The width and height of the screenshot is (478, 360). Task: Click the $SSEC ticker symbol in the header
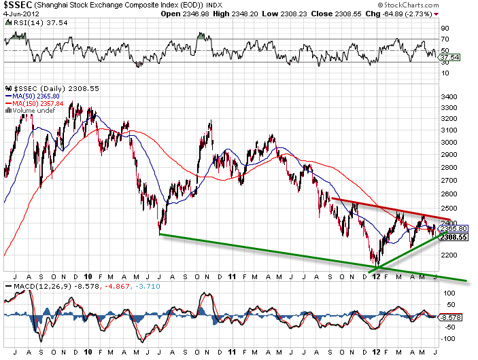coord(16,5)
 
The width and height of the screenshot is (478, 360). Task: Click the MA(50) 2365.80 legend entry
coord(38,96)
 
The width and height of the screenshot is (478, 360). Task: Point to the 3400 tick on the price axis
coord(449,97)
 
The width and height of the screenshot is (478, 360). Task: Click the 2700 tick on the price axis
coord(449,181)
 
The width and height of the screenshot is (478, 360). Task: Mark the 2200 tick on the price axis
coord(449,255)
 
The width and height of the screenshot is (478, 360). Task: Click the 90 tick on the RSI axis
coord(445,29)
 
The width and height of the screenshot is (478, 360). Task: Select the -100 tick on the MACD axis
coord(449,337)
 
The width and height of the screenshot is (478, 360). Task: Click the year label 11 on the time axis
coord(232,278)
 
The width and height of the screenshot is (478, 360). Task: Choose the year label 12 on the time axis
coord(375,278)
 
